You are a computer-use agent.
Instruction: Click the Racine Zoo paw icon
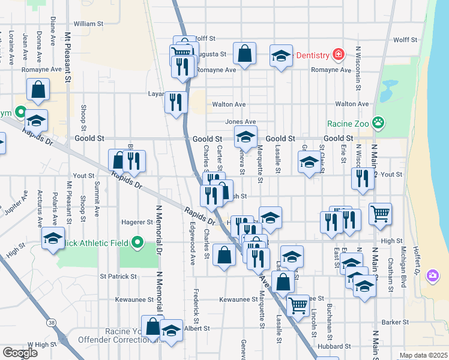click(378, 124)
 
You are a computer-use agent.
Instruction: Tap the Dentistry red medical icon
click(339, 55)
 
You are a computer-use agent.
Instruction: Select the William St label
click(89, 24)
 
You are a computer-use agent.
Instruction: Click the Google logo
click(20, 353)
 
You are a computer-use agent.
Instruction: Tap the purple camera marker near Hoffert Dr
click(432, 275)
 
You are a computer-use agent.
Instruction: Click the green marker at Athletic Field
click(137, 243)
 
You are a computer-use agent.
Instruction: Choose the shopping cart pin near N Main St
click(381, 213)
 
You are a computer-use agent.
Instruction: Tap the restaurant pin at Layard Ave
click(176, 101)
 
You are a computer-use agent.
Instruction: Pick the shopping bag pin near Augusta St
click(245, 53)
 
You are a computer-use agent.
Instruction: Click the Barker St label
click(395, 322)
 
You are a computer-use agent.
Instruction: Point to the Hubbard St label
click(335, 346)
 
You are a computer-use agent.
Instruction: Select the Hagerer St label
click(138, 222)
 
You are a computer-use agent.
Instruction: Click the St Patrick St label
click(119, 277)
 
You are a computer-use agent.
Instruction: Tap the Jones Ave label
click(236, 122)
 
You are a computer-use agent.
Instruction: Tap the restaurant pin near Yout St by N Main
click(363, 179)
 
